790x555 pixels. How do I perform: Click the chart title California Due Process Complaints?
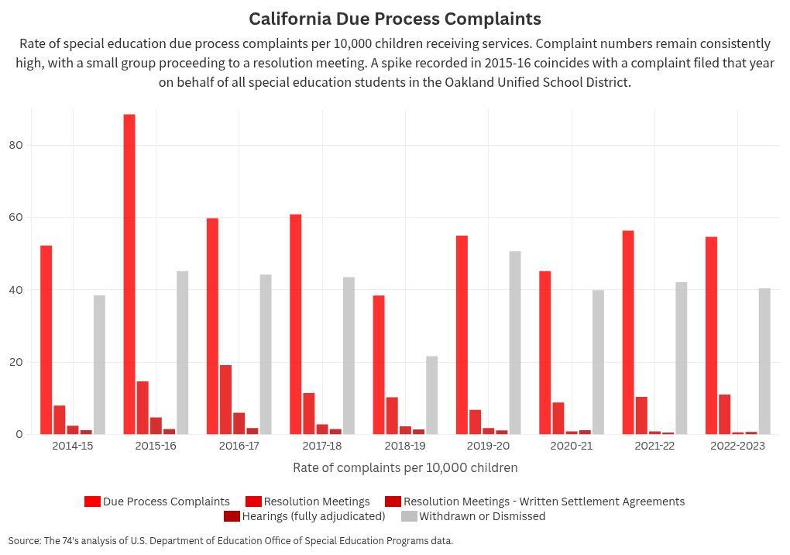point(394,19)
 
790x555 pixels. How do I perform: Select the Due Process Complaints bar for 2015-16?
point(129,274)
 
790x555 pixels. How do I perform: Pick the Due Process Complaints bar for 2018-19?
point(378,364)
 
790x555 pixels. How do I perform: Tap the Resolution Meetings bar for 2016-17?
point(225,399)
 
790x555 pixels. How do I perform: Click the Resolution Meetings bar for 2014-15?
point(60,419)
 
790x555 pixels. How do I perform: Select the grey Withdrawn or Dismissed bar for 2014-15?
point(99,364)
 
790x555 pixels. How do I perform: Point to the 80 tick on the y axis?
point(17,145)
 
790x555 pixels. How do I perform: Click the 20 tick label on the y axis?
point(17,362)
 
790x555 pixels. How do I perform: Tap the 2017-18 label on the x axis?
point(321,446)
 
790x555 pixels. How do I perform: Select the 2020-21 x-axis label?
point(571,446)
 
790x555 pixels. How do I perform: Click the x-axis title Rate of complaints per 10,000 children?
point(405,467)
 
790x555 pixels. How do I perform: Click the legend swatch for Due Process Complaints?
point(92,502)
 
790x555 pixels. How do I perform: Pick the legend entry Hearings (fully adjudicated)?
point(313,516)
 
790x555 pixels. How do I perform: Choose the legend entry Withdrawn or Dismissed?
point(482,516)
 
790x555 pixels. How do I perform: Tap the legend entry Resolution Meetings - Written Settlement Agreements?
point(544,502)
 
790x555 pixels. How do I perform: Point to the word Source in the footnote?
point(24,541)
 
